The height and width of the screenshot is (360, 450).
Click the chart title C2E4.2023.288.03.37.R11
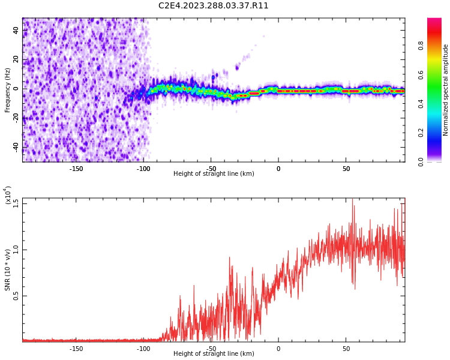(214, 6)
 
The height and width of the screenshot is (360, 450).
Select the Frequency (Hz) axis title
(8, 90)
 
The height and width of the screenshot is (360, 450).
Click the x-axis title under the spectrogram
(214, 174)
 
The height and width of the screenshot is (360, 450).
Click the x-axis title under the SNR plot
(214, 354)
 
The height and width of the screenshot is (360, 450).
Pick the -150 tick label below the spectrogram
(76, 169)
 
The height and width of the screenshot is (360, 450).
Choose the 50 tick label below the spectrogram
(346, 169)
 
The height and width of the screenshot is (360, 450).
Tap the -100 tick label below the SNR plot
(143, 349)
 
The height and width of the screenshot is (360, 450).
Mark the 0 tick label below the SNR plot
(278, 349)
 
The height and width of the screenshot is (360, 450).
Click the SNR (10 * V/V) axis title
(8, 270)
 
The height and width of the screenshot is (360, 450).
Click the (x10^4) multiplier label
(7, 196)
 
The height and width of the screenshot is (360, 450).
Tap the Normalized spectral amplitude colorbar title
(446, 90)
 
